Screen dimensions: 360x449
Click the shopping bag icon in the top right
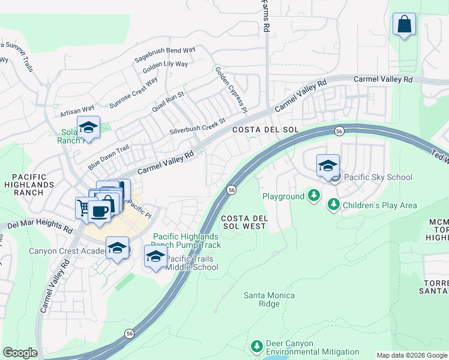pos(405,25)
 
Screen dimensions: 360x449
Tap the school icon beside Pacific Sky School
pos(328,166)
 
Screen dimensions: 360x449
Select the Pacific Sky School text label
pos(378,177)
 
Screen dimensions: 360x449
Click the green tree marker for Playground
pos(313,196)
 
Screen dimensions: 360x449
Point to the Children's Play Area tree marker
pos(333,205)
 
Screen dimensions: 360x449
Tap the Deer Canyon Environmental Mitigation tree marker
pos(257,346)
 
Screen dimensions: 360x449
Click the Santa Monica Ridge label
pos(269,299)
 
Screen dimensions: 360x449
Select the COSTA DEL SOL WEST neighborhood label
pos(243,222)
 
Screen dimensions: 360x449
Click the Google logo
pos(20,353)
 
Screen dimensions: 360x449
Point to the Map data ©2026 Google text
pos(411,355)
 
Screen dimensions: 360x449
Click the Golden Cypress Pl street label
pos(231,89)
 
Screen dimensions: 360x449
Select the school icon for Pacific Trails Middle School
pos(155,257)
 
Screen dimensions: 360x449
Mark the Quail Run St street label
pos(167,101)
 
